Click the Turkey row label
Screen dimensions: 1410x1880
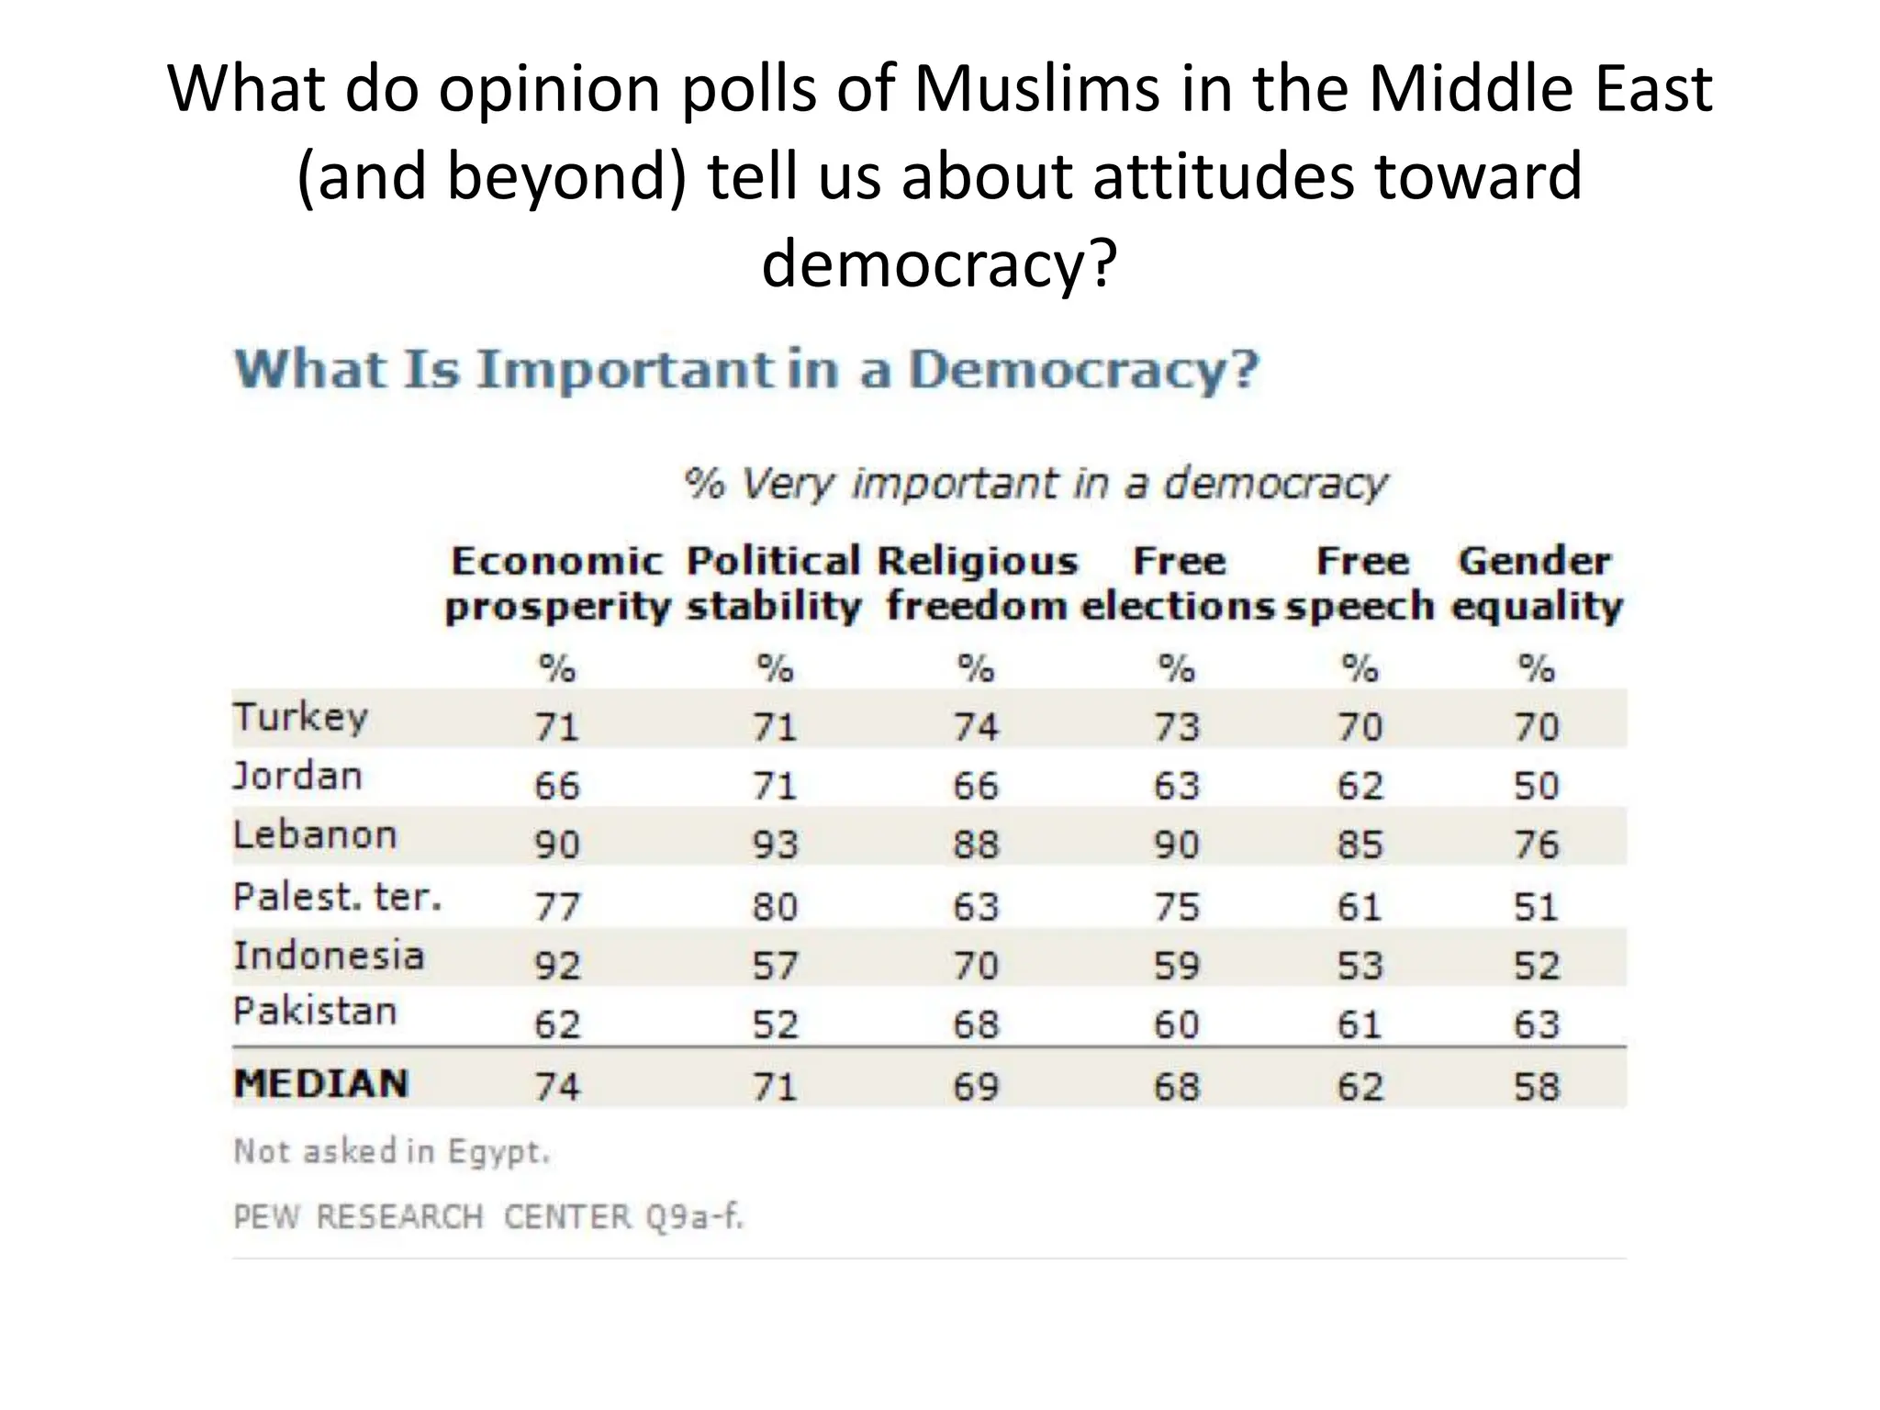(x=300, y=717)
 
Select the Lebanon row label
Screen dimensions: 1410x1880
(x=315, y=835)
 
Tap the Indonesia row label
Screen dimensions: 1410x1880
(x=329, y=956)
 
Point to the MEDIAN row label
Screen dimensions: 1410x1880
(x=321, y=1083)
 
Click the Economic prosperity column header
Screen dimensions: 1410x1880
(x=557, y=584)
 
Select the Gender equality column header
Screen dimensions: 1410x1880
(x=1536, y=584)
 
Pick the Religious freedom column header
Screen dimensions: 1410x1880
(x=977, y=584)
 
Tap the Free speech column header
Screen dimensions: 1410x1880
(x=1360, y=584)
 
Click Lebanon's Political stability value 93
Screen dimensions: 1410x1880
(x=775, y=844)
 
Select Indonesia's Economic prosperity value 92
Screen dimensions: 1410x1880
(x=557, y=965)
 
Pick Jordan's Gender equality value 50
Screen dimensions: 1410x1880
(x=1536, y=786)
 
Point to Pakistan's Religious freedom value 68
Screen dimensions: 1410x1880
(x=975, y=1024)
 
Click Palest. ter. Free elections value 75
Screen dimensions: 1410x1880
(x=1176, y=906)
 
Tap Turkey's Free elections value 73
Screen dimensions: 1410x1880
(x=1176, y=727)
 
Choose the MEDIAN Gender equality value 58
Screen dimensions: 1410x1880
(x=1536, y=1086)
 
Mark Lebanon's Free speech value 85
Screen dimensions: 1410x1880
(x=1360, y=844)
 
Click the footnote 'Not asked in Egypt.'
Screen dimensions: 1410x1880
(x=392, y=1151)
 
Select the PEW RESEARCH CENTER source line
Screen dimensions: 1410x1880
(x=487, y=1217)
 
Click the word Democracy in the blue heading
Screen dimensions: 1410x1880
(x=1083, y=370)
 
